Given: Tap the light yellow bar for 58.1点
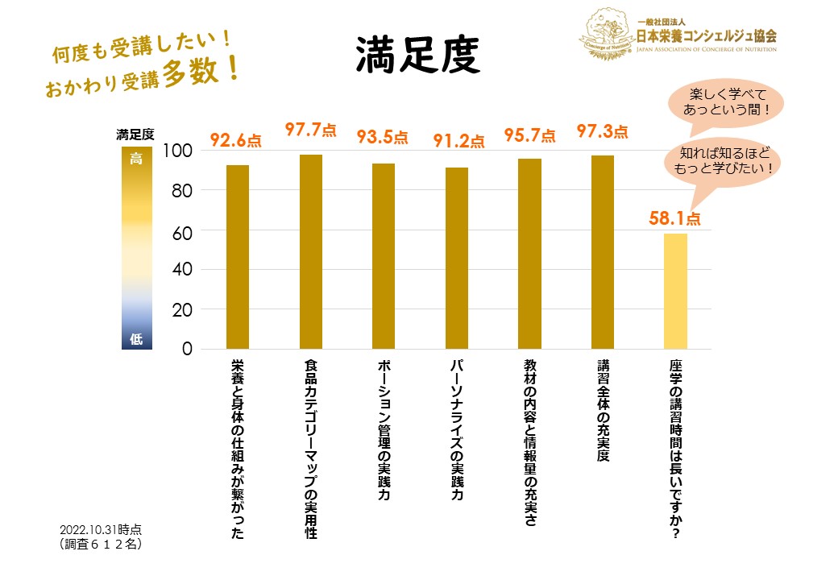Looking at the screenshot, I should (675, 291).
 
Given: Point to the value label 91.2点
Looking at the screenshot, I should (458, 141).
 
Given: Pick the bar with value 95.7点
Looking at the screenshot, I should (529, 254).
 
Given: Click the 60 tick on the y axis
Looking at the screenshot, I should (181, 231).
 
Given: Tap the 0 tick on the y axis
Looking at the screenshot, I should (187, 350).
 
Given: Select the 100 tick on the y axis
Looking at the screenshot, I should (177, 151).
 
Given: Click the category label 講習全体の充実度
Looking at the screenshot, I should (603, 411).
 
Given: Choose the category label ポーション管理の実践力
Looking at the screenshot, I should (384, 432).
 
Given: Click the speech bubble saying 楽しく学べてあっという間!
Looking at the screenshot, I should (727, 103).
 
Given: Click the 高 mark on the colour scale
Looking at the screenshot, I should (136, 159).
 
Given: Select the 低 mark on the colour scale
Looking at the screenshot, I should (136, 339).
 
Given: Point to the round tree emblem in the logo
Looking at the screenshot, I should (605, 33).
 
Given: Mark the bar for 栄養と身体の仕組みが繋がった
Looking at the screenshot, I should (238, 257).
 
